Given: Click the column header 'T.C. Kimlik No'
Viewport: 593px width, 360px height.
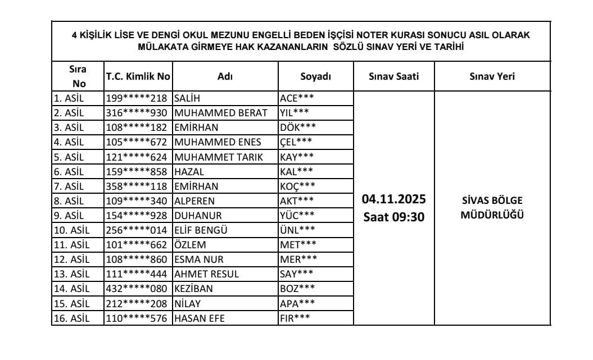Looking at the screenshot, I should point(138,77).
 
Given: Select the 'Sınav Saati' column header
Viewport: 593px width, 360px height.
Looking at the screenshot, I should point(393,77).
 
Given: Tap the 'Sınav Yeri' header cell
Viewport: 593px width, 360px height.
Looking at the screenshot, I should point(492,77).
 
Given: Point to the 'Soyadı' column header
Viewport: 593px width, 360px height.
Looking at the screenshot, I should point(315,77).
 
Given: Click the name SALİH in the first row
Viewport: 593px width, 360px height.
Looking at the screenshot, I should point(188,98).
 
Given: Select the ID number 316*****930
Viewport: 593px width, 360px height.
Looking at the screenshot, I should point(138,112).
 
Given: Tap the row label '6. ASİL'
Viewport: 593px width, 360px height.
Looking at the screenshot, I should point(70,171).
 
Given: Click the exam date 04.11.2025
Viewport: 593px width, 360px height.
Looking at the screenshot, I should point(393,199).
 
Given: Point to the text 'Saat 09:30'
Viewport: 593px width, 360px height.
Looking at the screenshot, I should point(393,217).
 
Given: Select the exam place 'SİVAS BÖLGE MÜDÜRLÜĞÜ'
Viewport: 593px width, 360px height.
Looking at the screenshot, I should point(492,207).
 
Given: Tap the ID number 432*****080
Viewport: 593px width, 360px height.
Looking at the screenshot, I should point(138,288).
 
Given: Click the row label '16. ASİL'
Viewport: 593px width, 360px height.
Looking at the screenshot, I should point(73,318).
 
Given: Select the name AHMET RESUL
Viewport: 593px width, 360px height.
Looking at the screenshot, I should point(206,274).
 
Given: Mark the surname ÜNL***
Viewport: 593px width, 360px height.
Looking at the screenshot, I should point(297,229).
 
